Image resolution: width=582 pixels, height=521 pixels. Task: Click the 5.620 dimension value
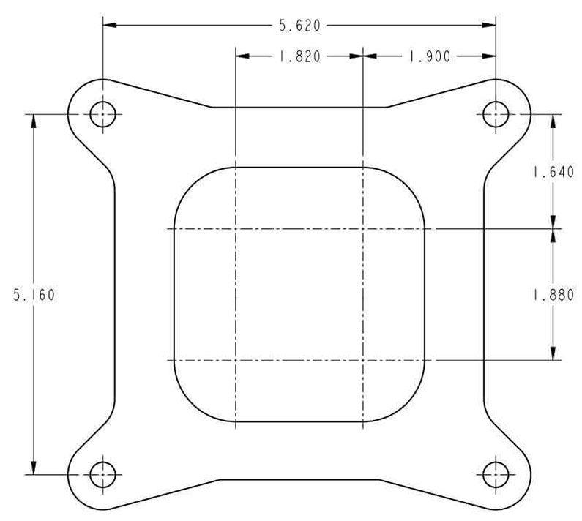(x=299, y=26)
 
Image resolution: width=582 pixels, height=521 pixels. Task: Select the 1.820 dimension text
(x=299, y=56)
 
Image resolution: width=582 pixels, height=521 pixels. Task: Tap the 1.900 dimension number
(x=429, y=56)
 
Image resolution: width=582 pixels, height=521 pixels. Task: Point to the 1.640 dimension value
(x=552, y=173)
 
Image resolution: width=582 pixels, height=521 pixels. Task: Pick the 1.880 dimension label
(x=552, y=295)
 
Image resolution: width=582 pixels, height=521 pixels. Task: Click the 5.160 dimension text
(x=34, y=295)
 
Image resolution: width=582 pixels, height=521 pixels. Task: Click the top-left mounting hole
(x=102, y=114)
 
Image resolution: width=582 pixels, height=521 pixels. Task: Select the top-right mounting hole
(x=496, y=114)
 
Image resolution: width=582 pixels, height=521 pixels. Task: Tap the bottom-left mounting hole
(x=102, y=475)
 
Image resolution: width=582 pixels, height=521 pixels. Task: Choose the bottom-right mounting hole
(x=496, y=475)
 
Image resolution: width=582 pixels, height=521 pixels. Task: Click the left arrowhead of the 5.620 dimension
(x=108, y=26)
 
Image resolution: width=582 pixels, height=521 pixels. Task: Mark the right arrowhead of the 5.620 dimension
(x=490, y=26)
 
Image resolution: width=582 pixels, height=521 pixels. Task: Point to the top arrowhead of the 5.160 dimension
(x=34, y=121)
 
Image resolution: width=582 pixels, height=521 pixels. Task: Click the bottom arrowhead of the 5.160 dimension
(x=34, y=469)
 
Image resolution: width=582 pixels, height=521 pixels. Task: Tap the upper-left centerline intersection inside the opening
(x=235, y=229)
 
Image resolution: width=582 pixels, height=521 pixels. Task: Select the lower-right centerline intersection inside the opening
(x=363, y=360)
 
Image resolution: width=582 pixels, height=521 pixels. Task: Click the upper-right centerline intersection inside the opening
(x=363, y=229)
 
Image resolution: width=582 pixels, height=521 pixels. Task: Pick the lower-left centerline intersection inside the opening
(x=235, y=360)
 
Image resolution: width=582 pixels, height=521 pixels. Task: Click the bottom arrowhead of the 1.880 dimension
(x=552, y=354)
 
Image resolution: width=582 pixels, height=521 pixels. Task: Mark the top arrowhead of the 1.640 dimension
(x=552, y=121)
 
